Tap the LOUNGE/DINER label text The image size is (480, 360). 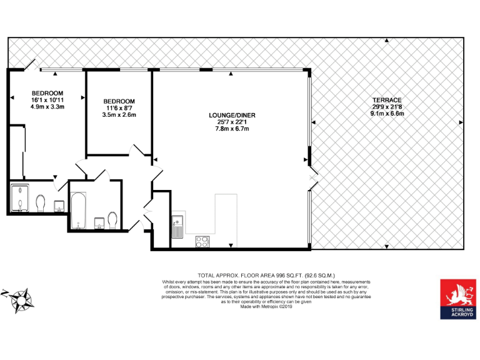pos(232,115)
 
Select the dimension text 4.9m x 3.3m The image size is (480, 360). pos(48,107)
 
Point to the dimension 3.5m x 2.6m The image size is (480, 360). pos(119,115)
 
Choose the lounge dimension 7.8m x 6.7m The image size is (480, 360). pos(232,129)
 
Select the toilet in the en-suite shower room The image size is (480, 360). pos(41,203)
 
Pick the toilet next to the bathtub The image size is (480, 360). pos(112,220)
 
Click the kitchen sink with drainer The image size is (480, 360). pos(178,226)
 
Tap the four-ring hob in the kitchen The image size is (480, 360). pos(203,241)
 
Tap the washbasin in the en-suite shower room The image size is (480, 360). pos(60,206)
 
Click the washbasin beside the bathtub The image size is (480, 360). pos(98,222)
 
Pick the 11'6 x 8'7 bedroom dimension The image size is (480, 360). pos(119,108)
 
